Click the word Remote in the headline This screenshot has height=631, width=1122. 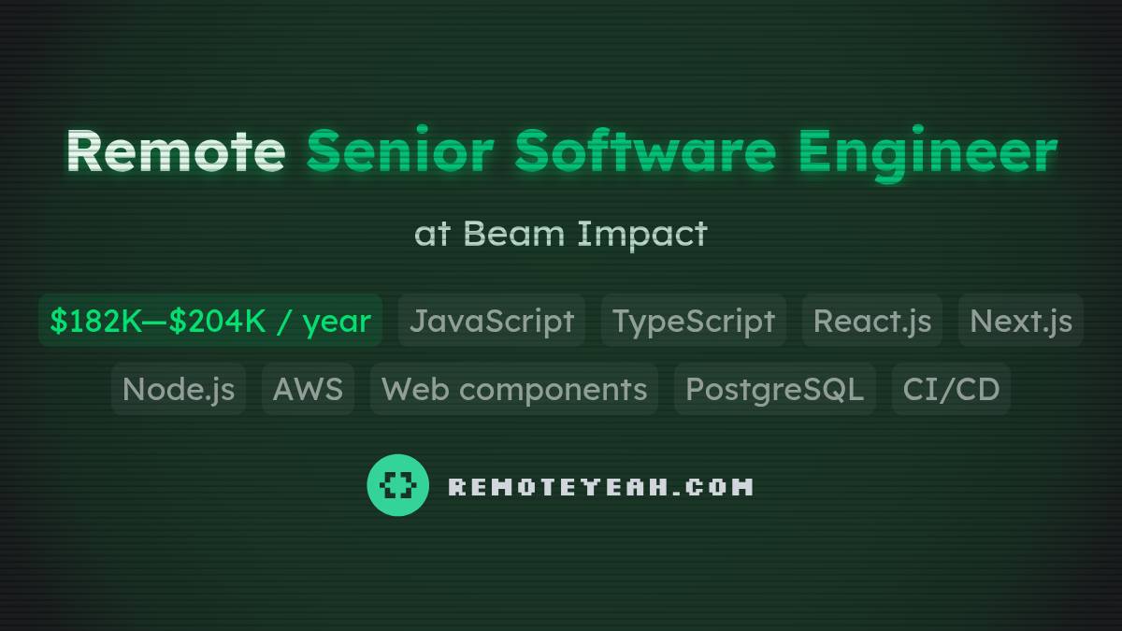[x=175, y=151]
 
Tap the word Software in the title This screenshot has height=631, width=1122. [x=645, y=151]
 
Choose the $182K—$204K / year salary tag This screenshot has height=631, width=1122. [x=210, y=321]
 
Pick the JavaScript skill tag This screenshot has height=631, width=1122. [x=492, y=321]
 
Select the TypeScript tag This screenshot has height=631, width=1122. [x=694, y=321]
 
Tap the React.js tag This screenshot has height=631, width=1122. [x=872, y=321]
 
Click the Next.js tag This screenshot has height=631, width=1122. [x=1021, y=321]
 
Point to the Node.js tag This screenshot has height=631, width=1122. [x=179, y=389]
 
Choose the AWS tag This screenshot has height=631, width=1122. [x=308, y=389]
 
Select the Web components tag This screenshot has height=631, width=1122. [x=514, y=389]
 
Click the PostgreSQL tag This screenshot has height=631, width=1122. [x=775, y=389]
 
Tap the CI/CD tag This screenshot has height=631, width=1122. [x=951, y=389]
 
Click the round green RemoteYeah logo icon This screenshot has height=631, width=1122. [x=398, y=485]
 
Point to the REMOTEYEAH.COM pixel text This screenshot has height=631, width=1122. [x=600, y=486]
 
